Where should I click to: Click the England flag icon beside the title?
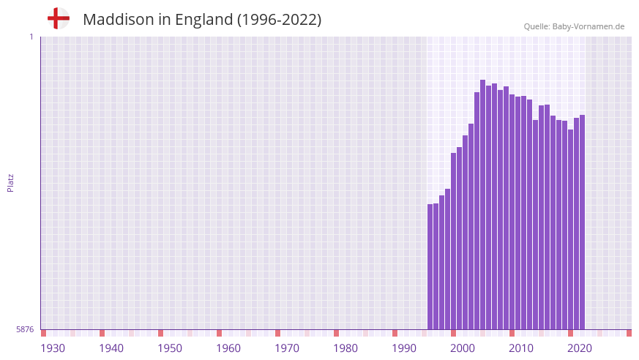[58, 18]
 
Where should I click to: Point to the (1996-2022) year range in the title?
[279, 20]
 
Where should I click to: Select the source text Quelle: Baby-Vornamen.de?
[574, 26]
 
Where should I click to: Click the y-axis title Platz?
[10, 182]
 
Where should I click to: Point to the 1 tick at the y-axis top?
[31, 37]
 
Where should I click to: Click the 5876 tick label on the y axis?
[25, 330]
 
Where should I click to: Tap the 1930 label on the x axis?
[53, 348]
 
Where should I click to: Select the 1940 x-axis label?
[111, 348]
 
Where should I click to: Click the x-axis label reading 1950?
[170, 348]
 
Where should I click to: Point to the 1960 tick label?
[228, 348]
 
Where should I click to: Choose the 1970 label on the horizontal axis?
[287, 348]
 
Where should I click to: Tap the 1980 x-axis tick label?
[345, 348]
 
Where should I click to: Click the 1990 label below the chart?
[404, 348]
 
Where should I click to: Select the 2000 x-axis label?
[463, 348]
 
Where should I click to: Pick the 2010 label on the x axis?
[521, 348]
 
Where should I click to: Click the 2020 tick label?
[580, 348]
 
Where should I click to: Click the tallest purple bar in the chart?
[483, 205]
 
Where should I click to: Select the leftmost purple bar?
[430, 267]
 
